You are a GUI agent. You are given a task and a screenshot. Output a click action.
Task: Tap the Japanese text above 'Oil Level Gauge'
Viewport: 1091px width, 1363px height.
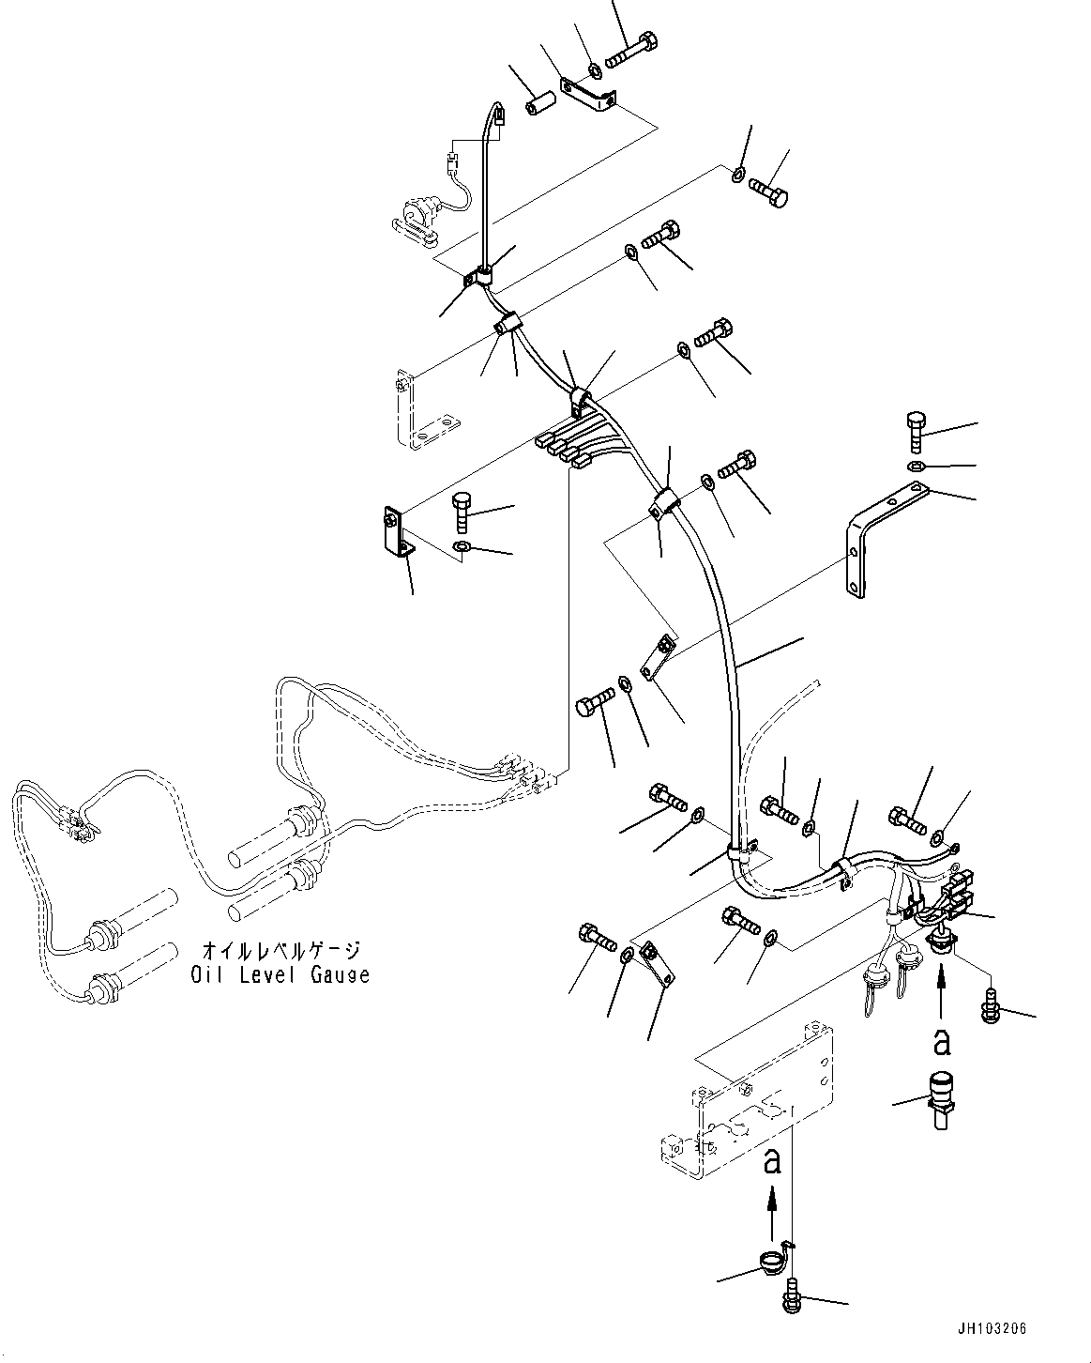click(279, 951)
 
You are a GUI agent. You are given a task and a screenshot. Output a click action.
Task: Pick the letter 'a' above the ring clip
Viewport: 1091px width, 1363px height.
click(772, 1161)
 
